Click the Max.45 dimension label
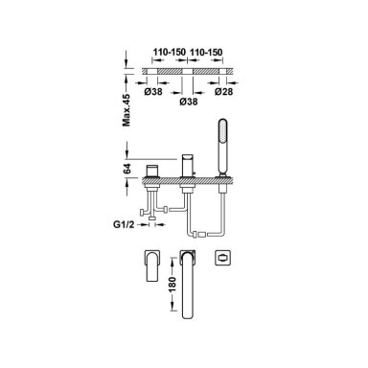[126, 110]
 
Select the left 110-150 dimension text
[169, 52]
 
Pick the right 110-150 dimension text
[206, 52]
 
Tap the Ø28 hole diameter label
[223, 92]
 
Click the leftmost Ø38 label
[153, 92]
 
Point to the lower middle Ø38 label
[189, 102]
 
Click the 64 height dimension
[126, 169]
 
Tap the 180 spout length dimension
[172, 285]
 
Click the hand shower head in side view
[222, 147]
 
